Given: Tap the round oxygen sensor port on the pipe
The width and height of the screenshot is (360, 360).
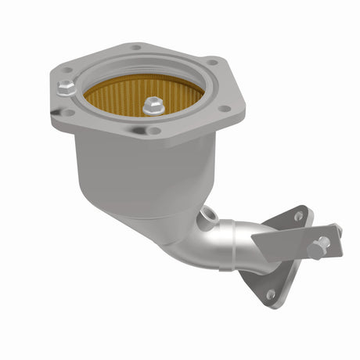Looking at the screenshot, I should pyautogui.click(x=208, y=212).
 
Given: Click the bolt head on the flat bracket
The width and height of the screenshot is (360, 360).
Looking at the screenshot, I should pyautogui.click(x=319, y=247).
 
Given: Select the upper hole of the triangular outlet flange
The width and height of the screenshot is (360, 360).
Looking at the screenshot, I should pyautogui.click(x=299, y=215).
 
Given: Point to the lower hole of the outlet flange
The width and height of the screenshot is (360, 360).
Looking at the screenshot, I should pyautogui.click(x=270, y=294).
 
